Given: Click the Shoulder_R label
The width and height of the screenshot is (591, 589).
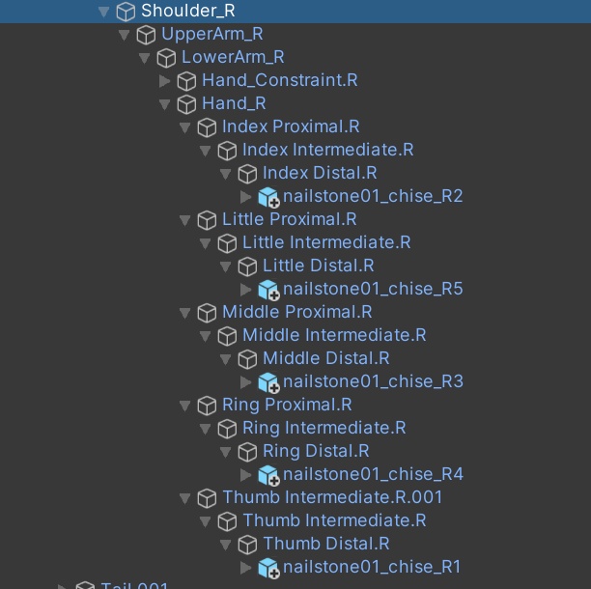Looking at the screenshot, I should (187, 11).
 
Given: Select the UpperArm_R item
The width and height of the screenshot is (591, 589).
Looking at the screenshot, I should (211, 34).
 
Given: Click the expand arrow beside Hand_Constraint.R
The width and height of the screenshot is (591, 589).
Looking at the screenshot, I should (165, 80).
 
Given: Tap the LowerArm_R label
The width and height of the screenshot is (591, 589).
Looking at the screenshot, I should (233, 57).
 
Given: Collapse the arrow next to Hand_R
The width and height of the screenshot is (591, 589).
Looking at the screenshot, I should (165, 103).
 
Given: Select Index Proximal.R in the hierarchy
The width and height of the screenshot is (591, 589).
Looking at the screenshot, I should (290, 126).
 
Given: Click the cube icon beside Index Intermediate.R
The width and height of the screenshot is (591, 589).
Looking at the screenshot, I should (227, 150).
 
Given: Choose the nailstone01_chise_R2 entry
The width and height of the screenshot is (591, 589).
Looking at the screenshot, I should (373, 196).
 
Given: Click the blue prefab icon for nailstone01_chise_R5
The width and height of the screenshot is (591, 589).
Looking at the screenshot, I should (267, 289).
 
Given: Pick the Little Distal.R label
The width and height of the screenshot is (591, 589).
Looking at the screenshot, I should (318, 266).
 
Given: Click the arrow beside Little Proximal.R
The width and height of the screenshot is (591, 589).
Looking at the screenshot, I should (185, 219).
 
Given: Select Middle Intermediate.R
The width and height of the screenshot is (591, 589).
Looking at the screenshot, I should (334, 335).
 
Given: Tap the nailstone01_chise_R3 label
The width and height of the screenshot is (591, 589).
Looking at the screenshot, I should (373, 381).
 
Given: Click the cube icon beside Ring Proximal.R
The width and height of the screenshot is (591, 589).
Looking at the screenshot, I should (207, 405).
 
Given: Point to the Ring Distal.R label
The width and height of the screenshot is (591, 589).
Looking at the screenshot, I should (316, 451).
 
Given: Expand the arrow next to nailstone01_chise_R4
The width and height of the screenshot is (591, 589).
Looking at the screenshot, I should (246, 474).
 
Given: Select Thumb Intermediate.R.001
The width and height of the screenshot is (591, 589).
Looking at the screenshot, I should (332, 497).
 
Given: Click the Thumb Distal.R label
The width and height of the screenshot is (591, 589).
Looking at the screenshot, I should (325, 544).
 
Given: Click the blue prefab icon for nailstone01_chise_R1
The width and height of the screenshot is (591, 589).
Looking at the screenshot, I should (267, 567).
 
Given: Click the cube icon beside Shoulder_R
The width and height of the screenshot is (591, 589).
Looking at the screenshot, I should (126, 11).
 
